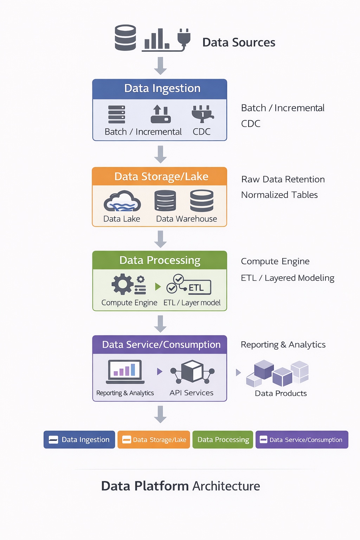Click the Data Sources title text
point(239,43)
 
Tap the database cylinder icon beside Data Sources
point(126,38)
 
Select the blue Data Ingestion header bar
point(160,89)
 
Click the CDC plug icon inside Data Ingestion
point(202,114)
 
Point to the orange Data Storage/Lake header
point(160,176)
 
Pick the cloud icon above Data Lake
point(122,201)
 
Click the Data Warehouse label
point(186,219)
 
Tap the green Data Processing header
point(160,260)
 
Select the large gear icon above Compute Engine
point(122,284)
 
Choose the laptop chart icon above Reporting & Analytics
point(126,371)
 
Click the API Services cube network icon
point(192,372)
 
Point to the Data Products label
point(281,393)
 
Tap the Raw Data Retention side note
point(283,179)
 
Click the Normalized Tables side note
point(279,195)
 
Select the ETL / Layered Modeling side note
point(288,278)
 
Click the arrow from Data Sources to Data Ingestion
point(160,66)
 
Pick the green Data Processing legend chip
point(223,439)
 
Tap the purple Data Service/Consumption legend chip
point(302,439)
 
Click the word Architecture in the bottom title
point(226,486)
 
